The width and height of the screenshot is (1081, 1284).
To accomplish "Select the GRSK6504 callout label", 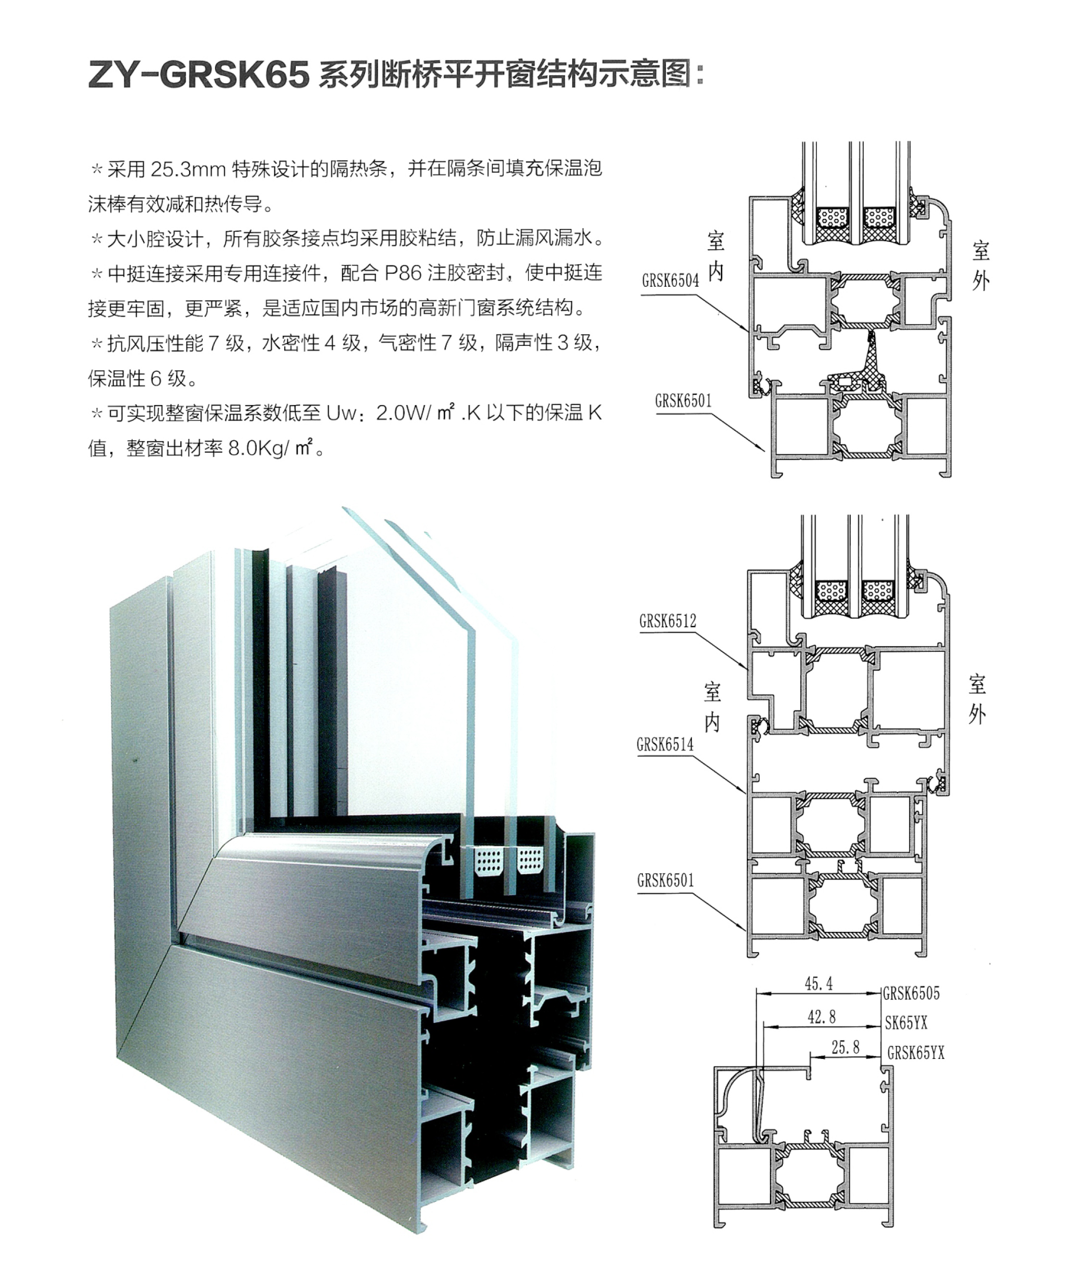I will pos(670,281).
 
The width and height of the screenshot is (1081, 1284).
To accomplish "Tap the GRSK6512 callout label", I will pos(667,621).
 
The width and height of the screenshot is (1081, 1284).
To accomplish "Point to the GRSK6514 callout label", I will pos(665,744).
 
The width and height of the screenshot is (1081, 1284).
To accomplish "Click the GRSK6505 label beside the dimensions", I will pos(911,993).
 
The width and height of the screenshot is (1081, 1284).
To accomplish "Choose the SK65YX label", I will pos(906,1023).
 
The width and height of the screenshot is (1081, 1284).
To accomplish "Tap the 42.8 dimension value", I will pos(821,1017).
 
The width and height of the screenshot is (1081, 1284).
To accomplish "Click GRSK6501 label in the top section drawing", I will pos(683,401).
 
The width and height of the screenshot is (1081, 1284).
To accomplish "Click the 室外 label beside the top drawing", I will pos(980,266).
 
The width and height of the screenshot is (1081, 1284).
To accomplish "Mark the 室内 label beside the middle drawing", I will pos(712,708).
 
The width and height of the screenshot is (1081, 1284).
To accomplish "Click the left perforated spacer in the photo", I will pos(489,860).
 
